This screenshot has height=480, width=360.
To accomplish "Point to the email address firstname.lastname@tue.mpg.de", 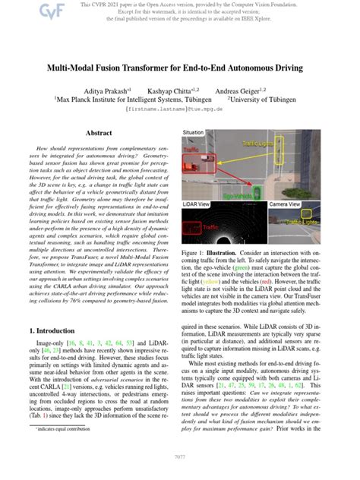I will click(x=179, y=109).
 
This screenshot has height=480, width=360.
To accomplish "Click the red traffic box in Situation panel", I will click(x=205, y=158).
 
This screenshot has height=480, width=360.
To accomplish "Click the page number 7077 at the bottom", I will click(x=180, y=458).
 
